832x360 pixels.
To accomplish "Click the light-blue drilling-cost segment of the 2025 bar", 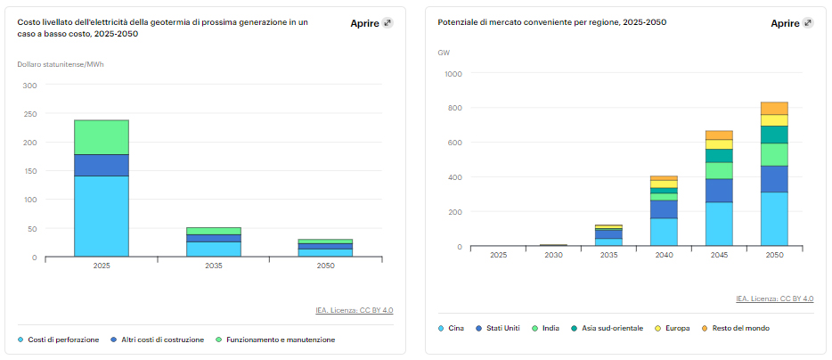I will click(x=101, y=216).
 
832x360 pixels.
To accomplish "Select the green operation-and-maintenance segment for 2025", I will click(x=101, y=137).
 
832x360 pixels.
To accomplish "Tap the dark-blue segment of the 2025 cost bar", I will click(x=101, y=165).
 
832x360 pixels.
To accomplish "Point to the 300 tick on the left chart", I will click(x=29, y=86).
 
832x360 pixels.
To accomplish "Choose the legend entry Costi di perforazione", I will click(x=63, y=340).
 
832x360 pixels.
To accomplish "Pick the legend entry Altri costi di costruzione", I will click(x=162, y=340).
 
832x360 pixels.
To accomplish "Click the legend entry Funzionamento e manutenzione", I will click(x=279, y=340).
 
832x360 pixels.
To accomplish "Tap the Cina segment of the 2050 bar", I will click(x=774, y=218).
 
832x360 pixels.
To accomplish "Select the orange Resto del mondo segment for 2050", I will click(x=774, y=108).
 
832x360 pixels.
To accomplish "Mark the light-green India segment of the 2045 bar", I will click(x=719, y=170).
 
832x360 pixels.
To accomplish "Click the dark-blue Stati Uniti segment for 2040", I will click(x=663, y=209).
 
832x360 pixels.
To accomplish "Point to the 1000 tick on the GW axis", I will click(x=453, y=74).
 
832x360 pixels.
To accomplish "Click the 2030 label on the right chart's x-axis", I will click(x=553, y=255).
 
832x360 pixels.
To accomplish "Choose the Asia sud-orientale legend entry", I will click(x=611, y=328).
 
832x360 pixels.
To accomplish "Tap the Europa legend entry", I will click(x=676, y=328).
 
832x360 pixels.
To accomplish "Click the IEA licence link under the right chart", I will click(x=774, y=299).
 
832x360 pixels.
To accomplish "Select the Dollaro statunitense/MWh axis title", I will click(x=55, y=64).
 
